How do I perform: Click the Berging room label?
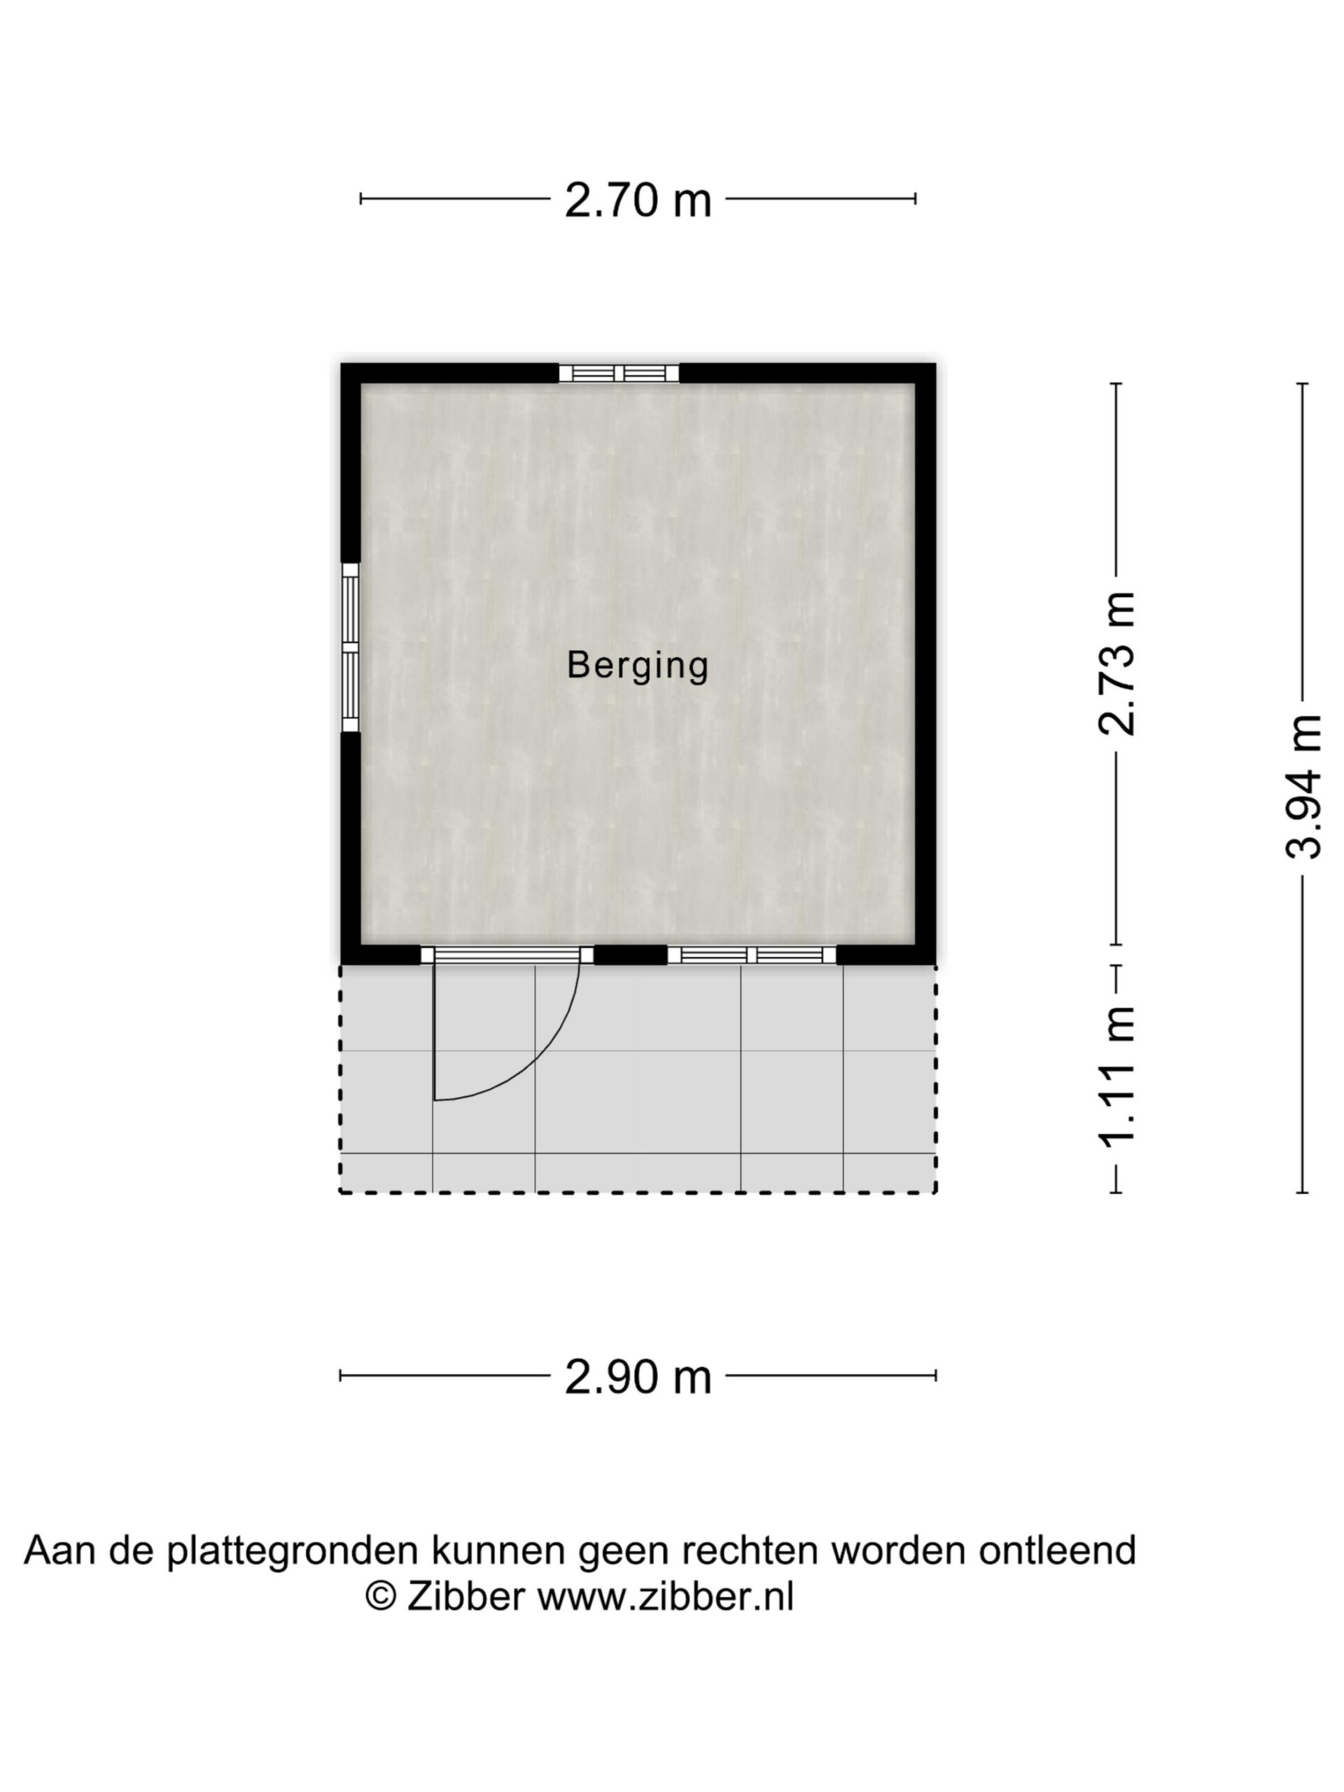[638, 666]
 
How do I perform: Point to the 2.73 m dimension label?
[1117, 664]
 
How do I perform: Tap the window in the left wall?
[350, 647]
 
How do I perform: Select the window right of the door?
[752, 955]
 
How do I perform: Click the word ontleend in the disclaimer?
[1057, 1550]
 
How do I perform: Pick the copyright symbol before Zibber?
[381, 1597]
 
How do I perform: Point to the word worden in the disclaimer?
[900, 1550]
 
